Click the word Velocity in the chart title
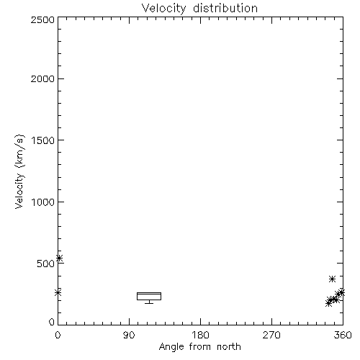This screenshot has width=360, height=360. point(163,9)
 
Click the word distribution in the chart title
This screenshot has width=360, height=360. point(225,8)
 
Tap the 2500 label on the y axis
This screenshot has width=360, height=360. point(42,19)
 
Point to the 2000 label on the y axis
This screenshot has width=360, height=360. point(42,78)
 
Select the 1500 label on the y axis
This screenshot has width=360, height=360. point(43,140)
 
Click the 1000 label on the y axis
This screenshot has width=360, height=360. point(43,202)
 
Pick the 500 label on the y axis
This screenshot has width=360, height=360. point(46,264)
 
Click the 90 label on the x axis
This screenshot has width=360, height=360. point(129,335)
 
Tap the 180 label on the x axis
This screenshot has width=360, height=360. point(200,335)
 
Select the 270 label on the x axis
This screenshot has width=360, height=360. point(271,335)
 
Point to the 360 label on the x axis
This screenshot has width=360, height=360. point(343,335)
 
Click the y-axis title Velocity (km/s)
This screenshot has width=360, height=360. point(19,171)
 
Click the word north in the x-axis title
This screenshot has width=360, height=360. point(229,347)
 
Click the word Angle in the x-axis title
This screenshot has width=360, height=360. point(171,347)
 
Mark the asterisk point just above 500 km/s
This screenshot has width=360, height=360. point(59,258)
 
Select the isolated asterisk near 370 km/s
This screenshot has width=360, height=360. point(332,279)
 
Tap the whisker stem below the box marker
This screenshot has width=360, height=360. point(149,302)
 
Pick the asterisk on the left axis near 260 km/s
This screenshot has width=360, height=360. point(58,292)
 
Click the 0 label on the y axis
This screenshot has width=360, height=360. point(52,322)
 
